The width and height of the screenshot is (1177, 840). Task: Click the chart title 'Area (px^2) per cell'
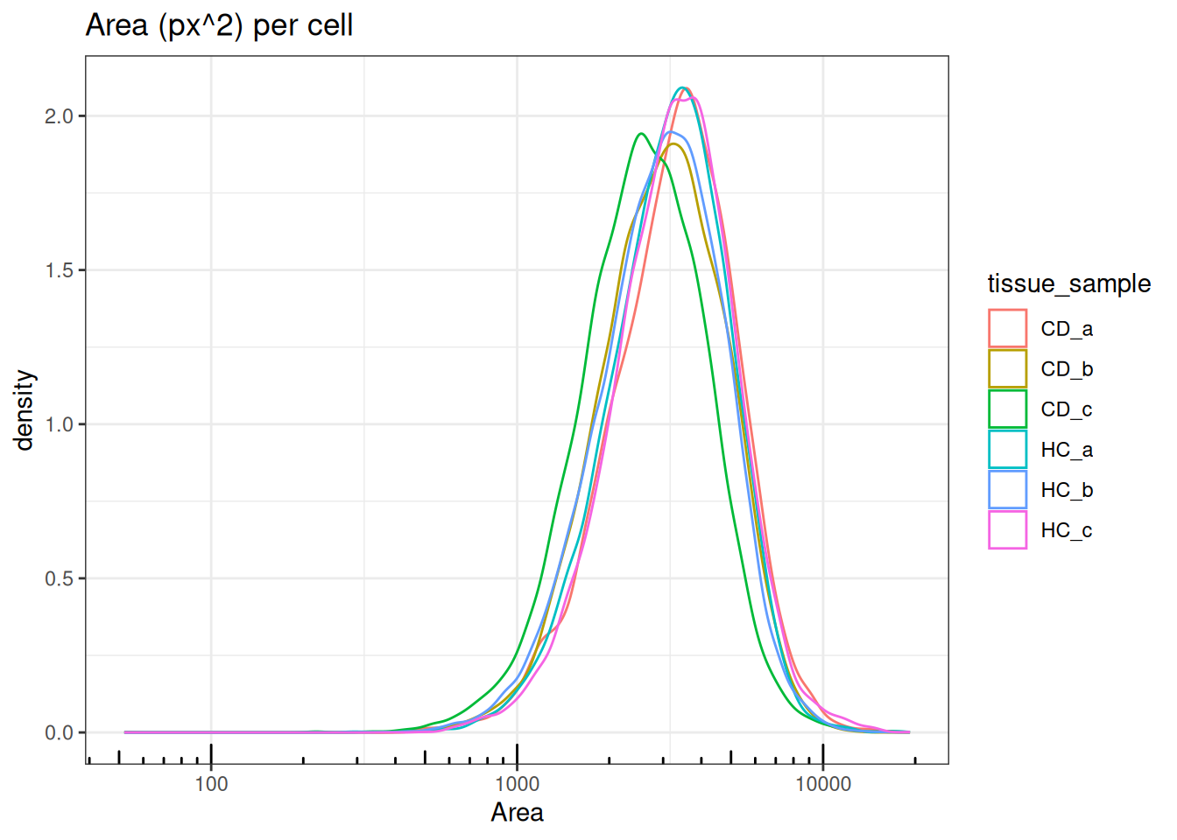pyautogui.click(x=219, y=25)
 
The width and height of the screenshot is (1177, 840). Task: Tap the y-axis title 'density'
pyautogui.click(x=25, y=409)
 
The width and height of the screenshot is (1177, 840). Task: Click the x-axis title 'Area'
pyautogui.click(x=517, y=813)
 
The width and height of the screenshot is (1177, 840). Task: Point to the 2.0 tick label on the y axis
pyautogui.click(x=59, y=116)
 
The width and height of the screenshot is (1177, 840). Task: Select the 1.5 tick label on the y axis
pyautogui.click(x=59, y=270)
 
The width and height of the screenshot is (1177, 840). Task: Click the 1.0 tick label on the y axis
pyautogui.click(x=59, y=424)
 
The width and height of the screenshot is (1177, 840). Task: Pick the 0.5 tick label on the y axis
pyautogui.click(x=59, y=578)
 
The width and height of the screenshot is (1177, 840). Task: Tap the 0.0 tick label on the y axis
pyautogui.click(x=59, y=733)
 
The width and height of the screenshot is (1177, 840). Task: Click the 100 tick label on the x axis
pyautogui.click(x=211, y=784)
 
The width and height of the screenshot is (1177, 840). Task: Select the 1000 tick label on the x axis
pyautogui.click(x=517, y=784)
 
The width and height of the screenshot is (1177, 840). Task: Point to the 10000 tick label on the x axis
pyautogui.click(x=822, y=784)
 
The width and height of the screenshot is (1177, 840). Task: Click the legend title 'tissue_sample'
pyautogui.click(x=1068, y=283)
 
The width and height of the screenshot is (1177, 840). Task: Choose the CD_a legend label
pyautogui.click(x=1067, y=329)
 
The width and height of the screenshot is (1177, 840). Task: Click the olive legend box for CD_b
pyautogui.click(x=1007, y=368)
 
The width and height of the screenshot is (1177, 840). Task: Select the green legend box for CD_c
pyautogui.click(x=1007, y=409)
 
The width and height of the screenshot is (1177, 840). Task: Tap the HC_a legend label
pyautogui.click(x=1067, y=450)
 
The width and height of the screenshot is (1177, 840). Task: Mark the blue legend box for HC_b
pyautogui.click(x=1007, y=489)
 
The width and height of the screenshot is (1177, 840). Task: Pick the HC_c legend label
pyautogui.click(x=1067, y=530)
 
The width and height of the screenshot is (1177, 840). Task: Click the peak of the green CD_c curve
pyautogui.click(x=642, y=133)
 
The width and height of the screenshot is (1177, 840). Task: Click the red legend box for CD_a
pyautogui.click(x=1007, y=328)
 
